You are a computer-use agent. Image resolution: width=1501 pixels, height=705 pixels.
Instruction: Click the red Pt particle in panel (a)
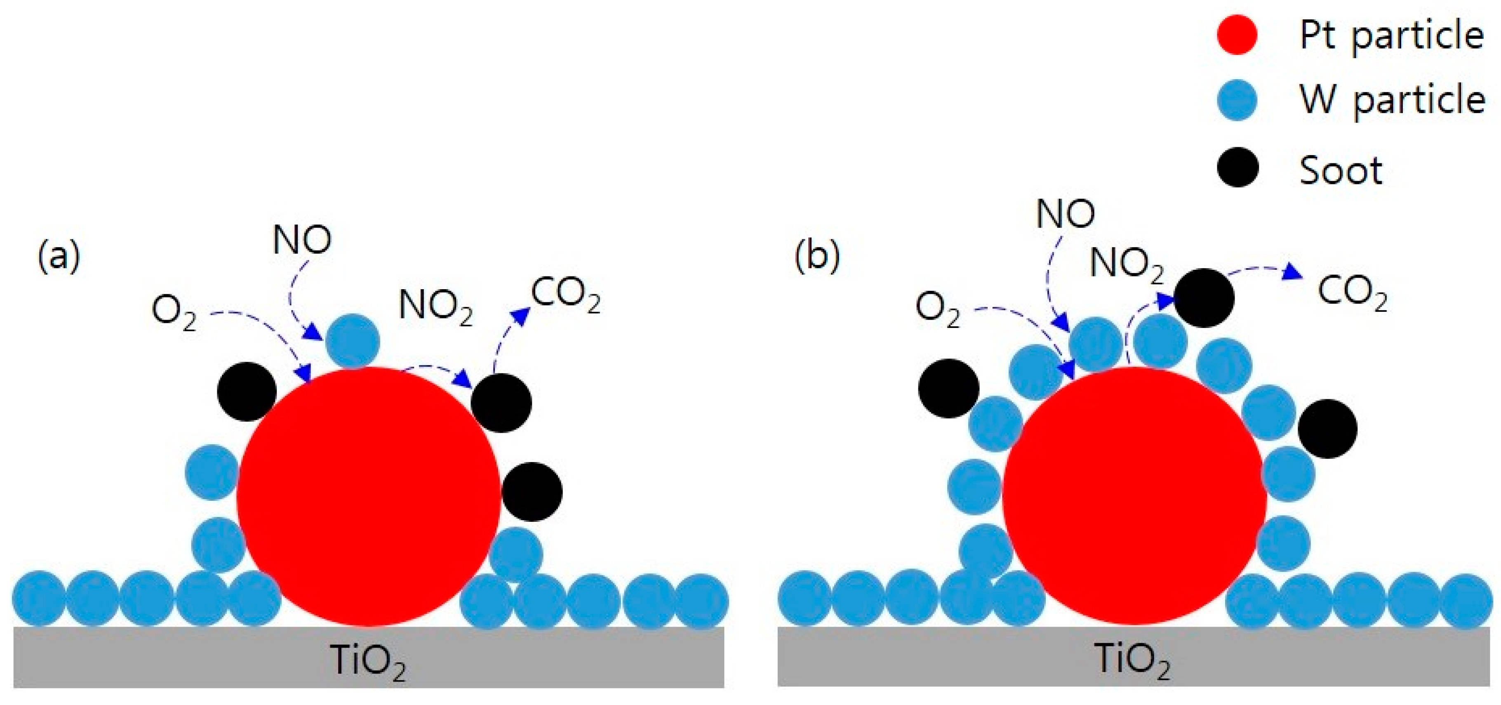click(x=368, y=496)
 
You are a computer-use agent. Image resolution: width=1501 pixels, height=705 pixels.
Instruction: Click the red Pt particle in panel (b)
click(x=1134, y=496)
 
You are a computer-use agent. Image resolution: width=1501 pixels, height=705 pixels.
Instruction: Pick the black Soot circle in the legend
click(x=1237, y=167)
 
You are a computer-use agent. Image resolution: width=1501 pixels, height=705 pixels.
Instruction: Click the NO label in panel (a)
click(x=302, y=240)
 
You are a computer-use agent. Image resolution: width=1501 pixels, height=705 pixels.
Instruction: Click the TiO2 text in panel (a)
click(x=368, y=662)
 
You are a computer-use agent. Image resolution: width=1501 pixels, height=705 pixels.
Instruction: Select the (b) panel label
click(x=817, y=257)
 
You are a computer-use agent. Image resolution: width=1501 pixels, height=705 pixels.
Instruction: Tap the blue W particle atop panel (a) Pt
click(x=353, y=341)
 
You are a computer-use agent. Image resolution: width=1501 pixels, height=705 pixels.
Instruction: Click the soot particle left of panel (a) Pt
click(x=247, y=391)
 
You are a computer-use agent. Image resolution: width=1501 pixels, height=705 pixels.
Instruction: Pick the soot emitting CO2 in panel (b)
click(x=1204, y=297)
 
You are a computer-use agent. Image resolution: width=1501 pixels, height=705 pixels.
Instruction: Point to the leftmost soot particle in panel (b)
click(x=948, y=388)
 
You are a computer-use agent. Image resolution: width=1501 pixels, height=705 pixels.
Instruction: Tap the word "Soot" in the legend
click(x=1341, y=170)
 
